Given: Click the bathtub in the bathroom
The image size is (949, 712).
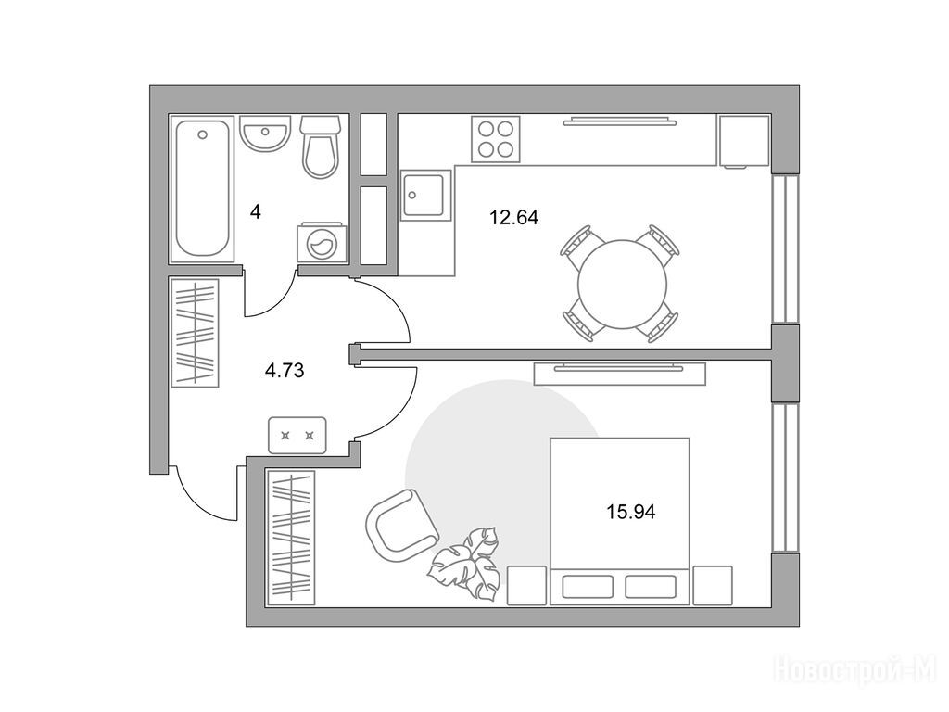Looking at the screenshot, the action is pyautogui.click(x=202, y=188).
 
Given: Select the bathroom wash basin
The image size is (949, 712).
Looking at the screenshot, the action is pyautogui.click(x=265, y=133).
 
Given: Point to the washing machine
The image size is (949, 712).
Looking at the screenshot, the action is pyautogui.click(x=322, y=244).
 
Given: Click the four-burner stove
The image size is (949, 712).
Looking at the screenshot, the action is pyautogui.click(x=496, y=139).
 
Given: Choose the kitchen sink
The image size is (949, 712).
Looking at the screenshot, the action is pyautogui.click(x=426, y=195).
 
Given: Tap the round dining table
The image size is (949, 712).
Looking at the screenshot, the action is pyautogui.click(x=622, y=285).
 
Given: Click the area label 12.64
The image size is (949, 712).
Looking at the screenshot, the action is pyautogui.click(x=513, y=217).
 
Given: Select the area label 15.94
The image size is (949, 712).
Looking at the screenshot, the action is pyautogui.click(x=631, y=512).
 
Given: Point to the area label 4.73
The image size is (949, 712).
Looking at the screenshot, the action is pyautogui.click(x=285, y=370).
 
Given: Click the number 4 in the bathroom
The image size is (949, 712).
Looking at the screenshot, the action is pyautogui.click(x=256, y=212).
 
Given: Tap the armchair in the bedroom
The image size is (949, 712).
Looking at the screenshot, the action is pyautogui.click(x=402, y=526).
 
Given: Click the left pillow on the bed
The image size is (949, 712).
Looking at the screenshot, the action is pyautogui.click(x=588, y=587).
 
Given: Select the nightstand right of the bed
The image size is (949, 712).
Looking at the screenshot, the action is pyautogui.click(x=713, y=586).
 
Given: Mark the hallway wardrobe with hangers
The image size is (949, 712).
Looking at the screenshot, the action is pyautogui.click(x=195, y=332).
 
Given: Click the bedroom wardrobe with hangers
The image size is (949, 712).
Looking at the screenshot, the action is pyautogui.click(x=291, y=537).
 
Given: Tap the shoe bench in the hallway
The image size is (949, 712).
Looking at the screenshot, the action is pyautogui.click(x=297, y=436).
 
